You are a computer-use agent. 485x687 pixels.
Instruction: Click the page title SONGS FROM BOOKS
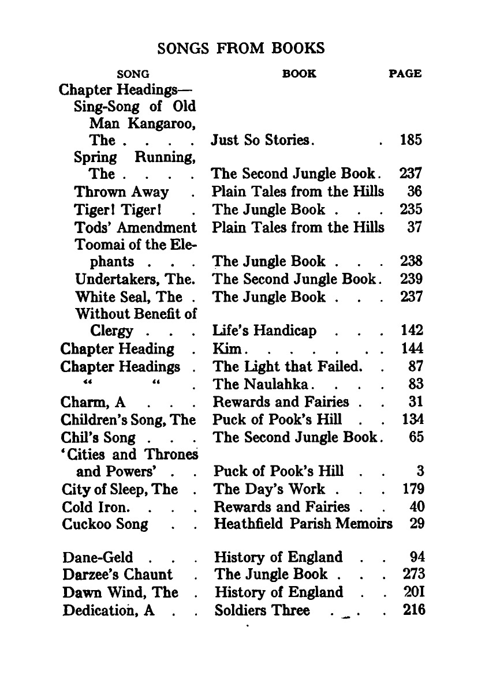[x=241, y=48]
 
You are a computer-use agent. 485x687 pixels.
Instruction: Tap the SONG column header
[x=133, y=74]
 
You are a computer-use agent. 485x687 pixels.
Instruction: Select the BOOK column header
[x=299, y=74]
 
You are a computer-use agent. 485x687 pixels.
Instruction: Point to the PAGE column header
[x=405, y=74]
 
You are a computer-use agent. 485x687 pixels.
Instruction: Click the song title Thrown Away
[x=121, y=192]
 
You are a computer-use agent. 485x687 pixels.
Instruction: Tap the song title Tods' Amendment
[x=135, y=227]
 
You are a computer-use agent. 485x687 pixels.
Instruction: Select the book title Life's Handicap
[x=265, y=331]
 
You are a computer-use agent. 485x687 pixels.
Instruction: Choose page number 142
[x=412, y=331]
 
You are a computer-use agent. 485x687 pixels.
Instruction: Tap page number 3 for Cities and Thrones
[x=420, y=471]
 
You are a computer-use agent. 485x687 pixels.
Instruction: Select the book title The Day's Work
[x=269, y=489]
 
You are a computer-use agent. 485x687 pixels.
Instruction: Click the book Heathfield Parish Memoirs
[x=303, y=524]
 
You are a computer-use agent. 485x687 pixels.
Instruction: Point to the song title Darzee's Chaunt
[x=118, y=575]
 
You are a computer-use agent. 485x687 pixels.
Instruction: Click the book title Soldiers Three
[x=262, y=610]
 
